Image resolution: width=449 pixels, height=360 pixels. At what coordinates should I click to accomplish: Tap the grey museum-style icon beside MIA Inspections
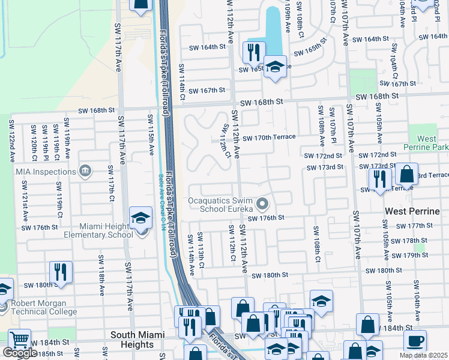click(x=86, y=171)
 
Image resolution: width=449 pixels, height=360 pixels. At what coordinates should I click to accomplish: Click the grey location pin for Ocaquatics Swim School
click(x=262, y=205)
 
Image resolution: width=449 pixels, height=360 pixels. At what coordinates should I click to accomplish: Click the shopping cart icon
click(x=19, y=341)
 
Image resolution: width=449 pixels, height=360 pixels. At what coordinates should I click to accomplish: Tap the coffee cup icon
click(x=414, y=341)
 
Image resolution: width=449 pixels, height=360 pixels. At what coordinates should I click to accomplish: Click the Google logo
click(x=19, y=353)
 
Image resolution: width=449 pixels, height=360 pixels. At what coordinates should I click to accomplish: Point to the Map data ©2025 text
click(x=423, y=355)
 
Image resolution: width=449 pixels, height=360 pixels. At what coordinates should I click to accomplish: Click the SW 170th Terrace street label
click(x=269, y=137)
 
